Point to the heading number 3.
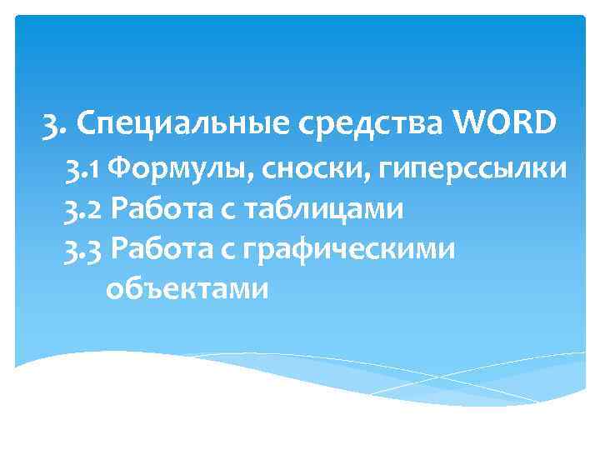tap(52, 126)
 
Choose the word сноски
tap(299, 170)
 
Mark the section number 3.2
tap(84, 209)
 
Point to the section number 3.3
tap(84, 248)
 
